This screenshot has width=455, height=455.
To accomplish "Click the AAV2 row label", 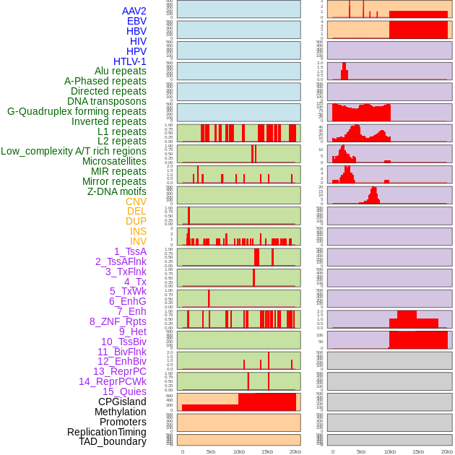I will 134,11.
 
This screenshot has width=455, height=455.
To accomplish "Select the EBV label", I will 136,21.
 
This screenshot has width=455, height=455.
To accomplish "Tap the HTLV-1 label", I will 129,61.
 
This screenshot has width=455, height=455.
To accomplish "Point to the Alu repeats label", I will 121,71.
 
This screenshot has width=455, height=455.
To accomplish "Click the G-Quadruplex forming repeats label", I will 77,111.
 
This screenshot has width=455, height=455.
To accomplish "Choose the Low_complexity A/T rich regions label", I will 74,151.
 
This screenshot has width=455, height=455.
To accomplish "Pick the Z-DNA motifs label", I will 117,191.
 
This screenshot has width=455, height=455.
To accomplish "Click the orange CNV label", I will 136,201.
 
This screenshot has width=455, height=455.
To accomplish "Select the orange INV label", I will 138,241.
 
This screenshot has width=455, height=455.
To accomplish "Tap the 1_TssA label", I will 130,251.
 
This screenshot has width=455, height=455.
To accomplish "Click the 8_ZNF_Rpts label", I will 118,321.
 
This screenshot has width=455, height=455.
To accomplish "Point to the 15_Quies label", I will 124,391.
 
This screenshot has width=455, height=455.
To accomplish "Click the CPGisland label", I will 122,402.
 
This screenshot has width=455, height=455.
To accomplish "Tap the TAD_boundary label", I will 113,441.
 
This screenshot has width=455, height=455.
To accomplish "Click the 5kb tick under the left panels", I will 211,451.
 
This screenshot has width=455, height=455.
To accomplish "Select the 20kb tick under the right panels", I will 447,451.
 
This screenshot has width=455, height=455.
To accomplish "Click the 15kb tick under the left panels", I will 267,451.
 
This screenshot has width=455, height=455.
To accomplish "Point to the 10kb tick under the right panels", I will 390,451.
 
